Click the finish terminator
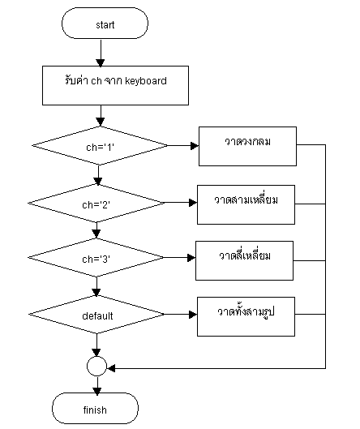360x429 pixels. [x=95, y=410]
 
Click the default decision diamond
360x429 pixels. [x=97, y=315]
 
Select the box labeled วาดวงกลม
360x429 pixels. [x=247, y=144]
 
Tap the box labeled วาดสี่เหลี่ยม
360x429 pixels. [x=243, y=258]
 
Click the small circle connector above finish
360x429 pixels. [x=97, y=367]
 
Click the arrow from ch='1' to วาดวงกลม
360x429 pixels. [x=182, y=146]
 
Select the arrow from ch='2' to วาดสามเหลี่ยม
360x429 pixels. [x=181, y=203]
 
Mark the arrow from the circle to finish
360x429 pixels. [x=97, y=385]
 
